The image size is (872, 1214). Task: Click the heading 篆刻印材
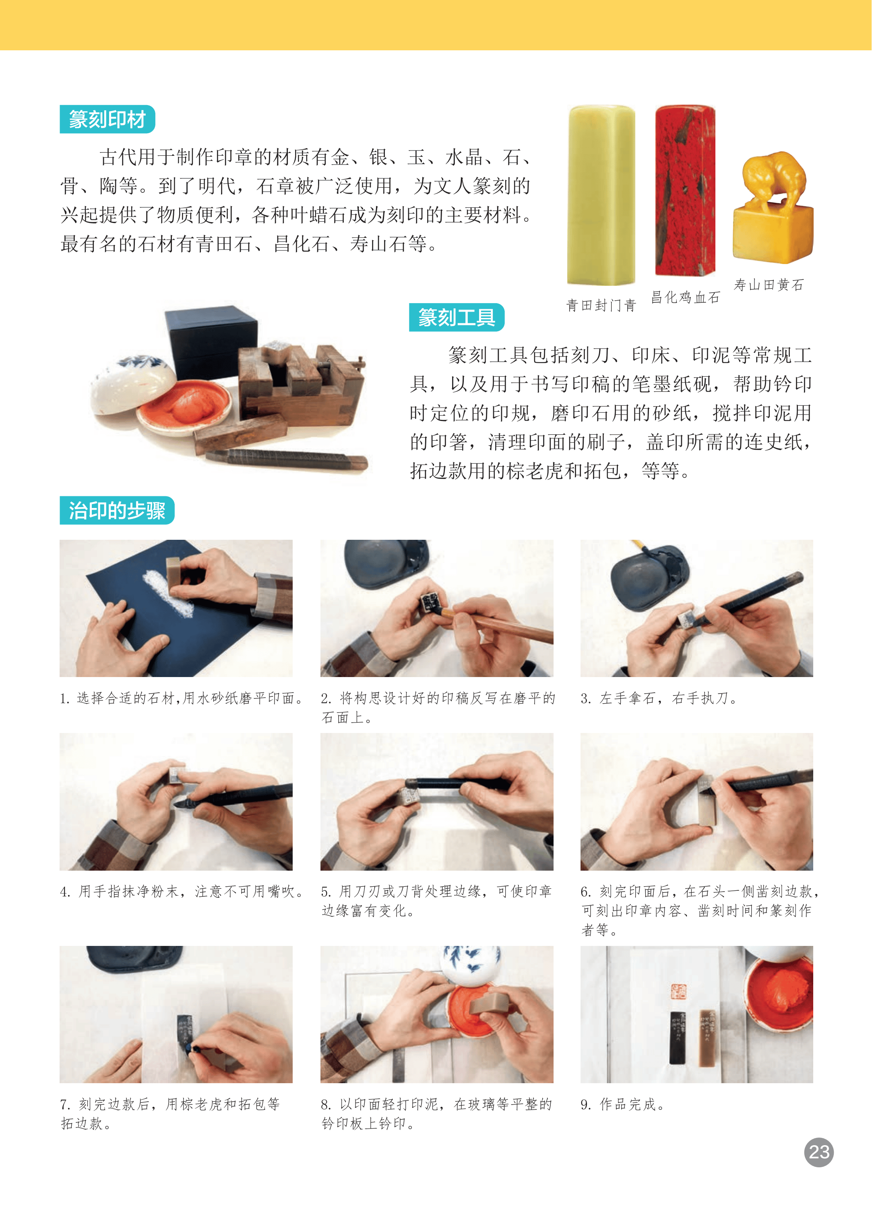[107, 119]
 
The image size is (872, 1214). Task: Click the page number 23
[818, 1152]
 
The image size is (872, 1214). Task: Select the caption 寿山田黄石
[769, 285]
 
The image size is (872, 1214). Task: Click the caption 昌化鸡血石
[685, 297]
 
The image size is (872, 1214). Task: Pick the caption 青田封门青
[601, 306]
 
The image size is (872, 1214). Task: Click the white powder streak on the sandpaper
[167, 593]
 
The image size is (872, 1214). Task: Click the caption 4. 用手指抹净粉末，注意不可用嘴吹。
[182, 891]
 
